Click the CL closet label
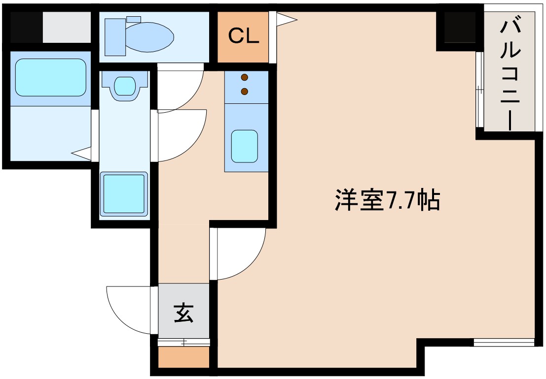point(243,37)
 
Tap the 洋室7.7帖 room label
point(387,200)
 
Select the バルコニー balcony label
point(509,74)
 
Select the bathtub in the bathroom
point(50,78)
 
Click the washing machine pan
point(124,194)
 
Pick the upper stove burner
point(244,77)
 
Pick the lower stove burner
point(244,91)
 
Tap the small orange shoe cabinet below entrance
point(183,358)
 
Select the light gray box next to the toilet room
point(67,27)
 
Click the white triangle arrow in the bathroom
point(82,154)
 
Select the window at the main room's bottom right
point(504,342)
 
